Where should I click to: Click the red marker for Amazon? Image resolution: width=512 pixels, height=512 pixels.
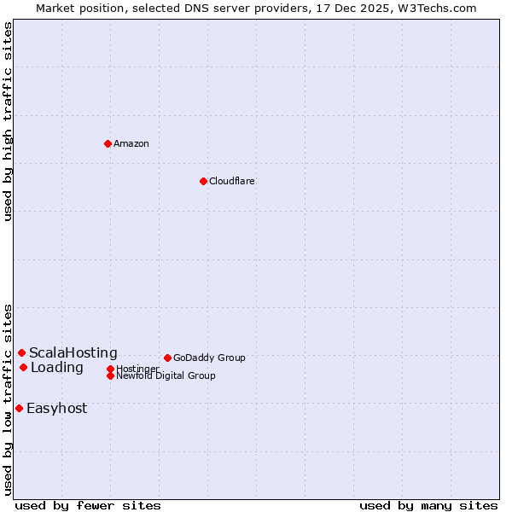[108, 143]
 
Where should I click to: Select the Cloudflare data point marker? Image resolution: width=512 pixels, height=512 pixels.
[203, 181]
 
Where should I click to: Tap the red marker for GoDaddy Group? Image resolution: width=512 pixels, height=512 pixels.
[167, 358]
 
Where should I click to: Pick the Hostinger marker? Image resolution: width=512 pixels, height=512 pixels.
[110, 369]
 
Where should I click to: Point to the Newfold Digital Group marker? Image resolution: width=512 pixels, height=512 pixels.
[110, 375]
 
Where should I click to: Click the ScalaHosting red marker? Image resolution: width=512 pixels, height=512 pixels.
[21, 352]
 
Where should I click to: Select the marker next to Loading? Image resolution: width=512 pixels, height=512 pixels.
[23, 367]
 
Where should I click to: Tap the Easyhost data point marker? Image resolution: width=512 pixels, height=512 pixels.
[19, 408]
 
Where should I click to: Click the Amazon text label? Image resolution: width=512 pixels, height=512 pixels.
[131, 143]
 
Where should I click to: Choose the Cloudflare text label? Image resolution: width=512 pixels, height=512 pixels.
[231, 181]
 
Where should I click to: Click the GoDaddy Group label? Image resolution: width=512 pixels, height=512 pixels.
[209, 358]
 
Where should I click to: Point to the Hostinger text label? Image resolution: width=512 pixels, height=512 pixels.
[137, 369]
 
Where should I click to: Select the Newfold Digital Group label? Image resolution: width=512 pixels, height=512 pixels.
[166, 375]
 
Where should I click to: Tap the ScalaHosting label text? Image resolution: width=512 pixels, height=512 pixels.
[73, 352]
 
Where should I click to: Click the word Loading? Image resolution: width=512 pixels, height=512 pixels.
[57, 368]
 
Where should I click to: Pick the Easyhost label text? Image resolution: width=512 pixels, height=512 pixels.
[57, 408]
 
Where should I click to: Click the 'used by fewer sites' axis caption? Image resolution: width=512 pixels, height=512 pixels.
[88, 505]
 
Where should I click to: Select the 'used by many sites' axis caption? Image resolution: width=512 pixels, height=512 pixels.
[428, 505]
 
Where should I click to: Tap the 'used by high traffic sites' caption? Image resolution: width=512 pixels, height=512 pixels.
[9, 121]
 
